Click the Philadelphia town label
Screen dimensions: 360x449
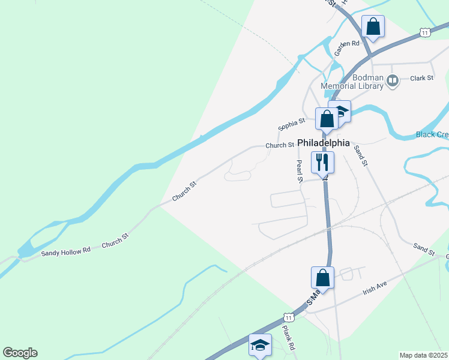point(323,143)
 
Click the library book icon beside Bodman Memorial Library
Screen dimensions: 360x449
point(393,79)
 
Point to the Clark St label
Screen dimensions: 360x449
point(421,78)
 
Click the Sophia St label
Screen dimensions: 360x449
point(291,124)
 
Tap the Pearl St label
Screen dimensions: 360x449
point(298,172)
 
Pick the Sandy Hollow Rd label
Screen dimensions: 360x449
point(65,251)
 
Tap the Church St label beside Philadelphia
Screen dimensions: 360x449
point(280,145)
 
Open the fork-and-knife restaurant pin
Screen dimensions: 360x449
point(322,161)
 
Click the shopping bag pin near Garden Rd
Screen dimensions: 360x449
point(373,26)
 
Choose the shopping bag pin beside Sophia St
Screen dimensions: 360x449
point(327,118)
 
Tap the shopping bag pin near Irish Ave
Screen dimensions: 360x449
point(322,277)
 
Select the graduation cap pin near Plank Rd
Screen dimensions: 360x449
point(260,345)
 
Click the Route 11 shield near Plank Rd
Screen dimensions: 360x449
point(289,316)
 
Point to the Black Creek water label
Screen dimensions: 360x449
point(432,134)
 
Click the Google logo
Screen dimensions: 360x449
point(20,353)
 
